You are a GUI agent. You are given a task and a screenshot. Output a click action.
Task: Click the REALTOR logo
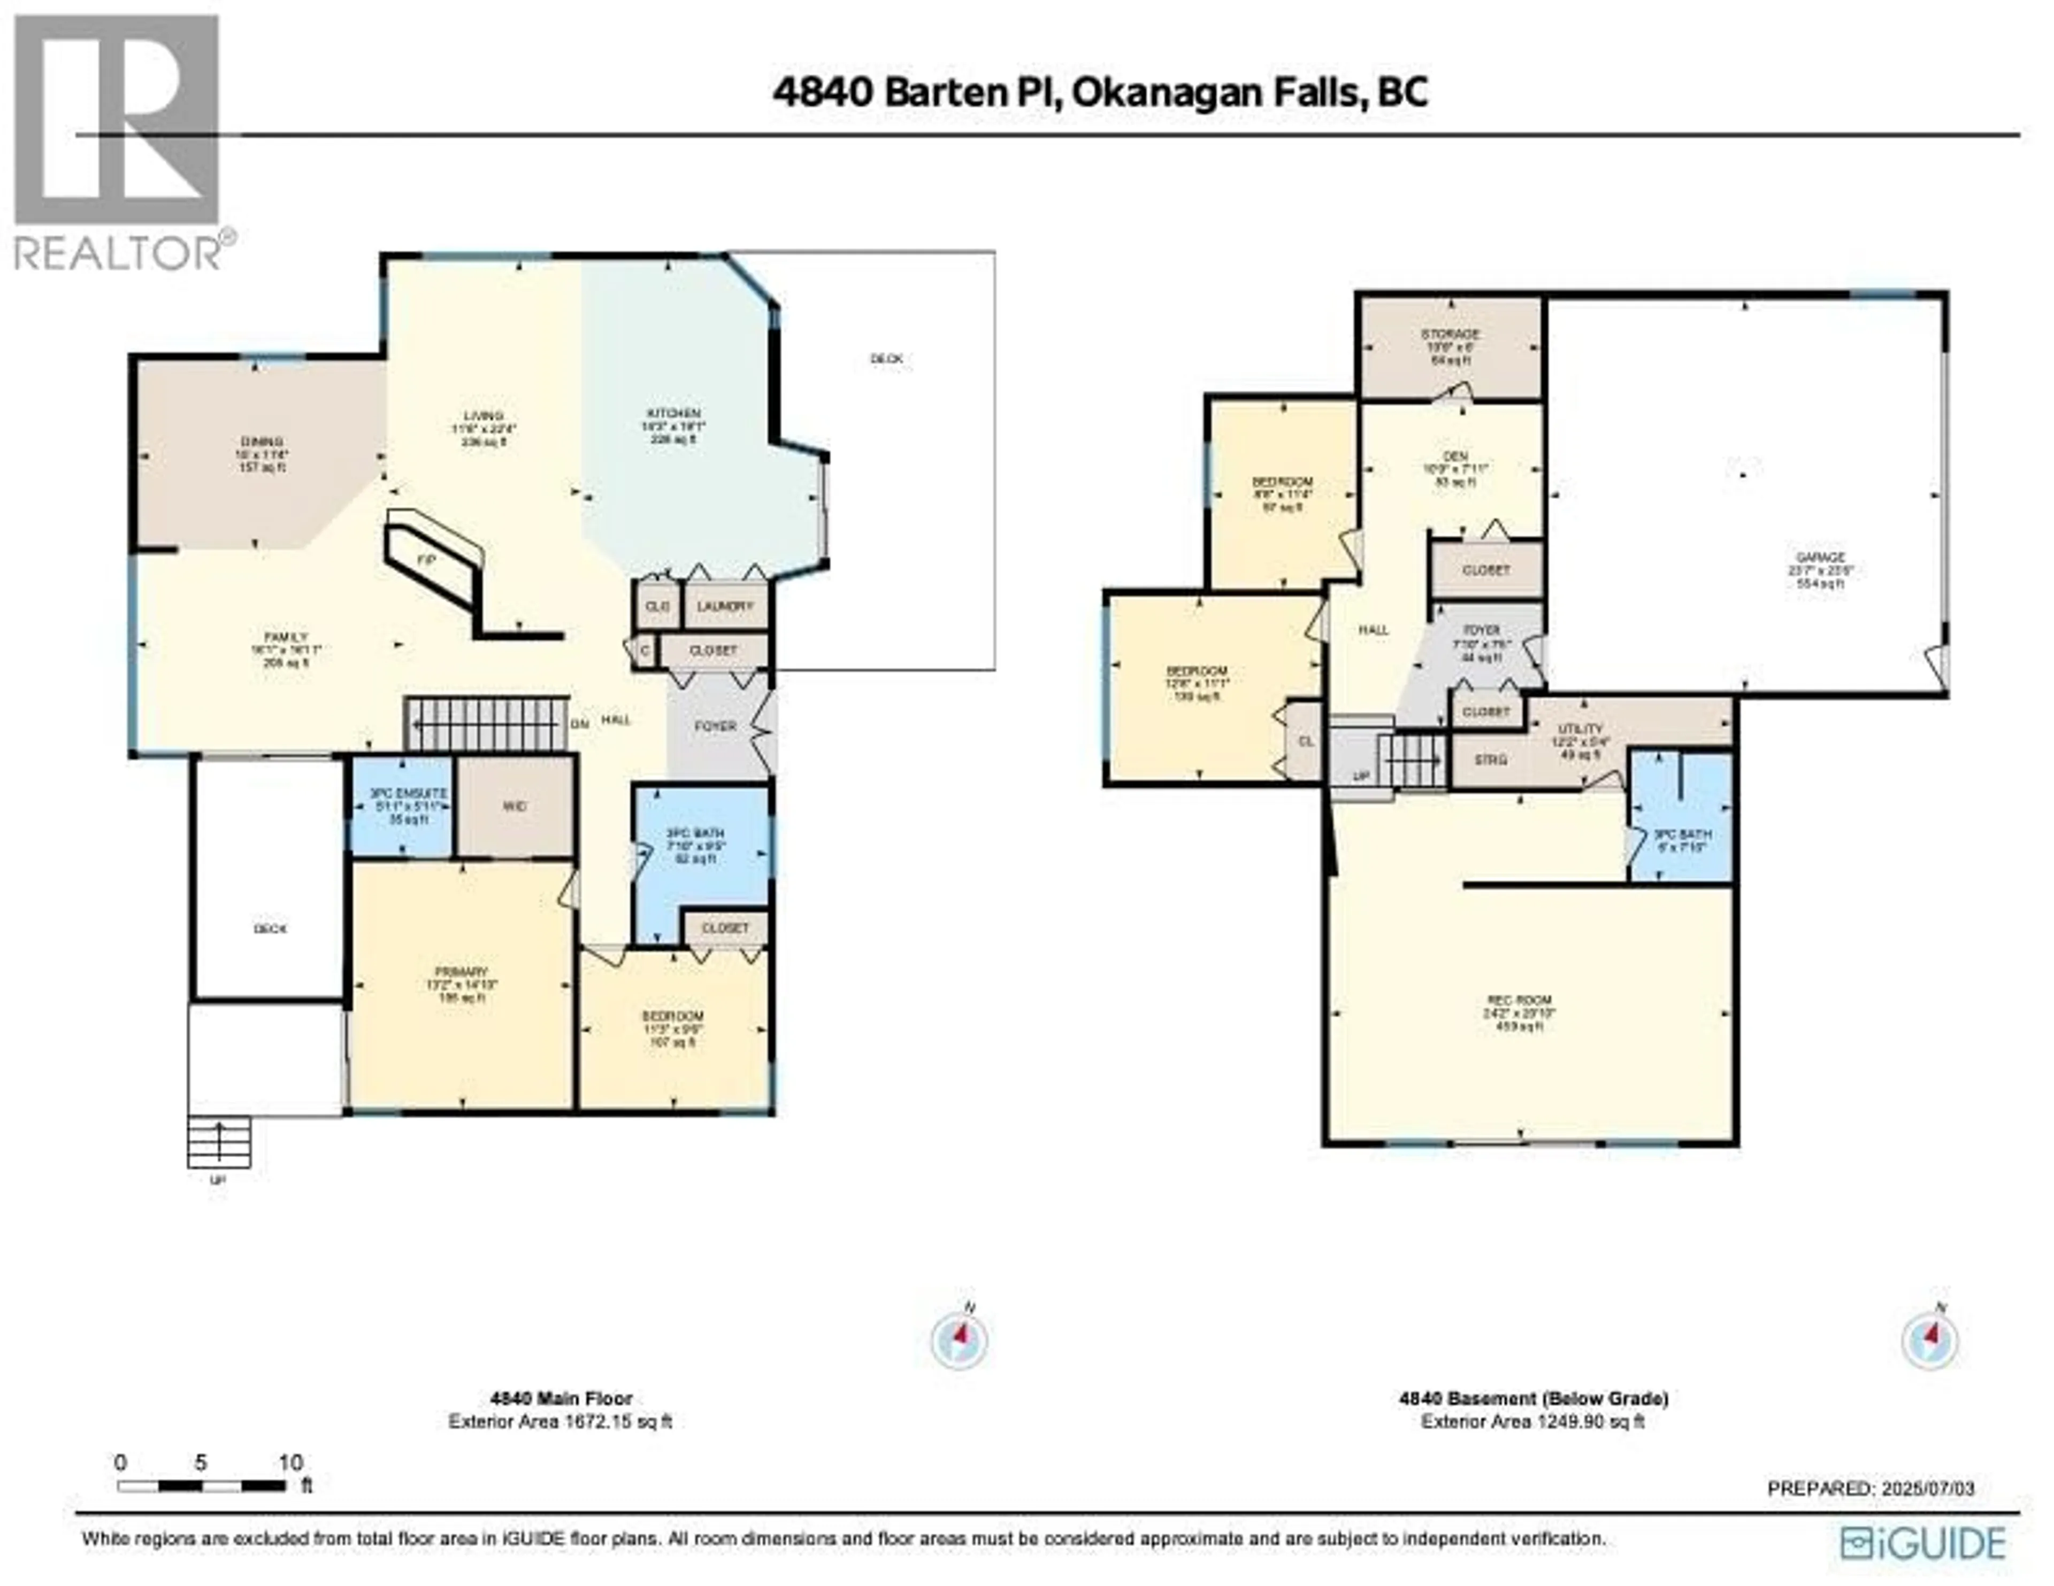(x=118, y=141)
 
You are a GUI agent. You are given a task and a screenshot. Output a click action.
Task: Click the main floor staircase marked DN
(x=489, y=724)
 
